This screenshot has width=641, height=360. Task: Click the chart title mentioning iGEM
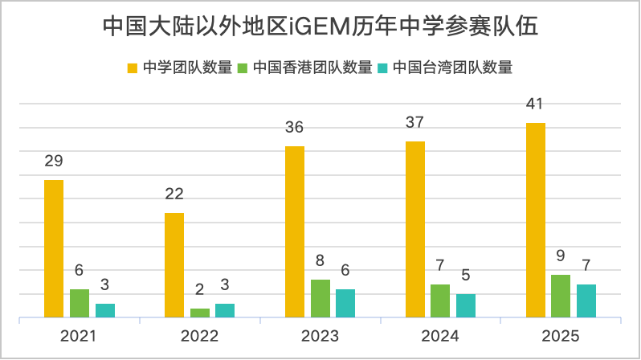click(x=320, y=27)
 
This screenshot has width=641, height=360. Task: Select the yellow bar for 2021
click(x=54, y=248)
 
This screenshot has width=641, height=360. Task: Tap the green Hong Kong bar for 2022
click(x=200, y=313)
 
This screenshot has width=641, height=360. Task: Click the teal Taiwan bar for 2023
click(x=345, y=303)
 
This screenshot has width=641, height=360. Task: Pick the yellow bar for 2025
click(x=536, y=220)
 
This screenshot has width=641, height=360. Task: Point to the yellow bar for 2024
click(x=415, y=229)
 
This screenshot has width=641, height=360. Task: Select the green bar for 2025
click(x=561, y=296)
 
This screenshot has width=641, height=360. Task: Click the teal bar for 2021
click(x=105, y=310)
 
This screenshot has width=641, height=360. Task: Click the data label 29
click(x=54, y=161)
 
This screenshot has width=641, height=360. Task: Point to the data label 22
click(x=174, y=194)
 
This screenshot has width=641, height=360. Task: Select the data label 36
click(x=295, y=127)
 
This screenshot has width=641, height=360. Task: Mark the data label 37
click(x=415, y=122)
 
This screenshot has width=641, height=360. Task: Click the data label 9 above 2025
click(x=561, y=256)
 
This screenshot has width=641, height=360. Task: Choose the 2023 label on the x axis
click(x=320, y=336)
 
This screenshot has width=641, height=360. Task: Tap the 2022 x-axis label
click(x=199, y=336)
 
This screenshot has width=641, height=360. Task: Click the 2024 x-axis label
click(x=440, y=336)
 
